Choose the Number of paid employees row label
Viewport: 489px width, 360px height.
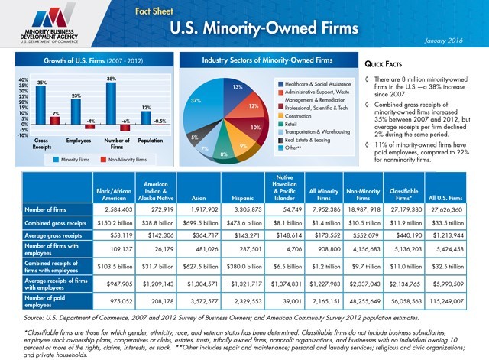click(54, 300)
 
